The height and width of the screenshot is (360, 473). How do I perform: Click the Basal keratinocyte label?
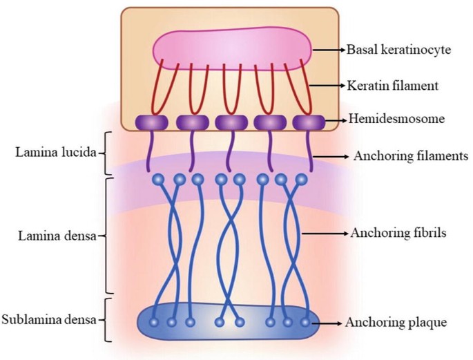coord(399,50)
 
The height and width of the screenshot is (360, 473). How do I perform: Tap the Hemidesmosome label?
coord(396,119)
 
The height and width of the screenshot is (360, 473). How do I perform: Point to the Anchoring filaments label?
coord(410,156)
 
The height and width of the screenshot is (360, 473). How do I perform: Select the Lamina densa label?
coord(45,235)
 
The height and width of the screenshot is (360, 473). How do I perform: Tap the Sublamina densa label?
coord(48,319)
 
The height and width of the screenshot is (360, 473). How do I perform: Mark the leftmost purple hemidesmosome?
coord(153,122)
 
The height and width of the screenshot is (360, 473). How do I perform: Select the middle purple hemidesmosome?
coord(231,122)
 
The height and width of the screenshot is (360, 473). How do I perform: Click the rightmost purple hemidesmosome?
coord(309,122)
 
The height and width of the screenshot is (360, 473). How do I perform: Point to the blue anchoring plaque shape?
coord(228,322)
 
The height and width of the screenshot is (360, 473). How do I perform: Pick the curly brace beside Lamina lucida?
coord(107,153)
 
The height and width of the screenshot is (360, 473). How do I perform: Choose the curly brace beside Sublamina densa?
coord(106,319)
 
